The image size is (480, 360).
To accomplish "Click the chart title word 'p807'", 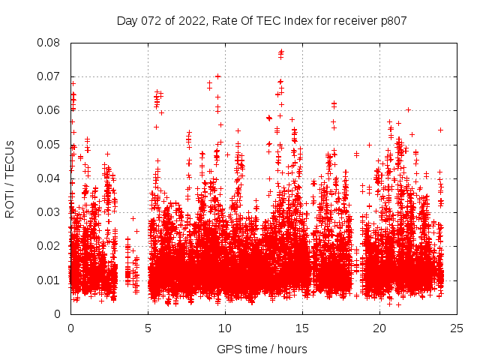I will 392,21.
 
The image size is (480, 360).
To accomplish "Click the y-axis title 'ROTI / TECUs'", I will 10,178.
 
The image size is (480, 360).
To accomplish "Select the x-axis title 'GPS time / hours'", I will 262,349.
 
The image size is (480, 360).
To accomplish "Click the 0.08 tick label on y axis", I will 51,43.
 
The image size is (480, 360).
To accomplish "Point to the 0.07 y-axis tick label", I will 51,76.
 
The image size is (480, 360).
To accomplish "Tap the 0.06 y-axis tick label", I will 51,110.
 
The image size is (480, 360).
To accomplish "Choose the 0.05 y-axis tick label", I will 51,144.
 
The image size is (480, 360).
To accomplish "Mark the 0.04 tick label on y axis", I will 51,178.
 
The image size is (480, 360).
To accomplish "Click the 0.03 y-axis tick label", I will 51,212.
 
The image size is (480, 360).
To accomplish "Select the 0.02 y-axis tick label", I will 51,246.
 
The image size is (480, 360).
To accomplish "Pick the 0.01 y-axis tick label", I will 51,280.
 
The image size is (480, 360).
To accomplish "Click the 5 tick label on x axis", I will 148,328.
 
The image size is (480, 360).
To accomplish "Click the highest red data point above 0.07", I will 281,52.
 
